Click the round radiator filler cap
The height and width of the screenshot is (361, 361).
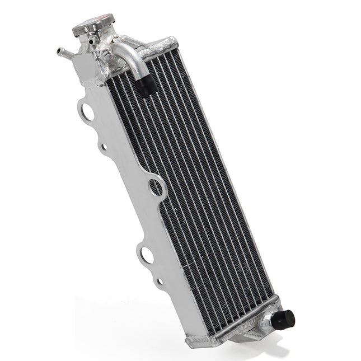click(x=93, y=25)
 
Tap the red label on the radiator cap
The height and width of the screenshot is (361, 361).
click(x=102, y=19)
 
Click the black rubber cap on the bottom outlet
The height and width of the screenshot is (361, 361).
click(x=284, y=320)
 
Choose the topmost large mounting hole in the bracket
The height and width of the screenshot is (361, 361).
click(x=88, y=111)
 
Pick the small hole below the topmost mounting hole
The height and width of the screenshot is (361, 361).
click(x=104, y=147)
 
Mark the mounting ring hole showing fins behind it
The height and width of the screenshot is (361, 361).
click(x=156, y=187)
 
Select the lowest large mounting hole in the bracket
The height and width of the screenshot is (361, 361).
click(x=147, y=255)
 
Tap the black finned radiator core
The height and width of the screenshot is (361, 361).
click(x=190, y=185)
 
